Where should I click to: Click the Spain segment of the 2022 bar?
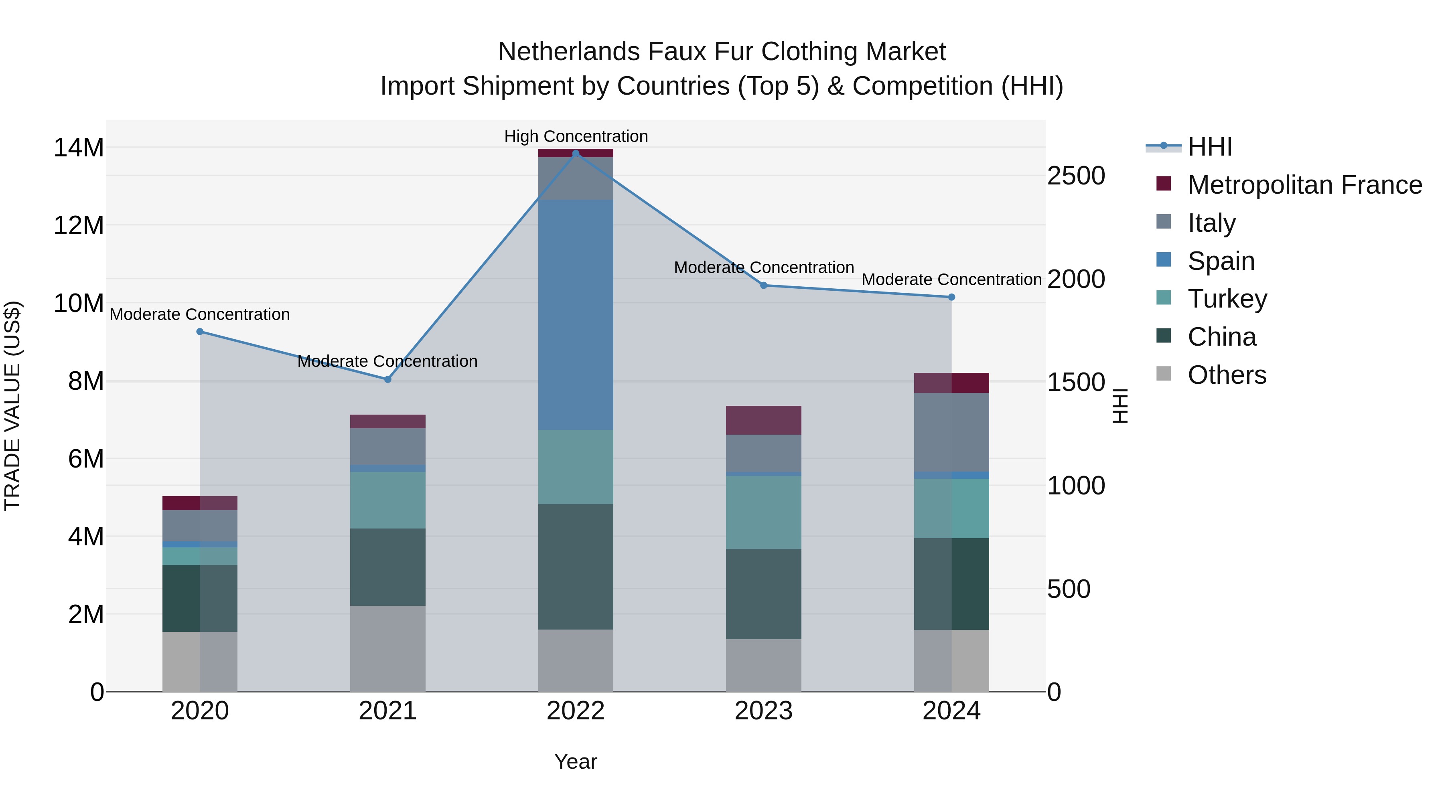click(575, 314)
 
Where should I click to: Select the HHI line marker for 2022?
click(575, 154)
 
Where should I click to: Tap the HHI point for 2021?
click(387, 379)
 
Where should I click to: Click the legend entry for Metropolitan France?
click(1304, 185)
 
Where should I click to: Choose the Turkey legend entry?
click(1227, 299)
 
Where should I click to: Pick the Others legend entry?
click(1227, 375)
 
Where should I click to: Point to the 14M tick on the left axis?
click(79, 148)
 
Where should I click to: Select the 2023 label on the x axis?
click(763, 711)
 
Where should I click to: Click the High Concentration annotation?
click(576, 136)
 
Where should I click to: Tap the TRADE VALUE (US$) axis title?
click(12, 406)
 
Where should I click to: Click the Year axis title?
click(575, 761)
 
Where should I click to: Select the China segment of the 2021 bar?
click(387, 567)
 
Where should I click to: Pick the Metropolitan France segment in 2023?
click(763, 420)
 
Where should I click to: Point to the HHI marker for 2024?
click(951, 297)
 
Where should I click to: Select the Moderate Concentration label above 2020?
click(200, 314)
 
